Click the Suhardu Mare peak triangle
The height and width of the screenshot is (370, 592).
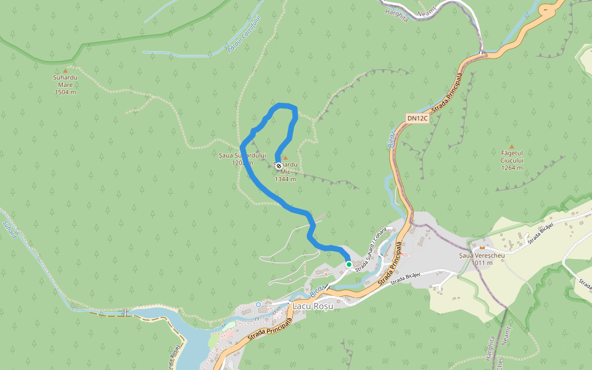[x=65, y=71]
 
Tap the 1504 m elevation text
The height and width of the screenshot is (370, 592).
[x=65, y=92]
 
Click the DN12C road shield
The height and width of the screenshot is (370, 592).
[x=417, y=118]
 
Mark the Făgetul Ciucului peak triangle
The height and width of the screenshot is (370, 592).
[x=511, y=146]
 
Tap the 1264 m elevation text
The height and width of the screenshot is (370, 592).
[x=512, y=168]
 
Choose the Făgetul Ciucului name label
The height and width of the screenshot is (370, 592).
[x=512, y=157]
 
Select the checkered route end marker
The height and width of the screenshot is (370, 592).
[x=279, y=166]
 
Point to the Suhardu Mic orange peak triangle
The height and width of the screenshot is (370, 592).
[x=285, y=158]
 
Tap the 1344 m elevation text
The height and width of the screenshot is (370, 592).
[x=286, y=179]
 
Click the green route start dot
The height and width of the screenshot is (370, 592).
[x=348, y=265]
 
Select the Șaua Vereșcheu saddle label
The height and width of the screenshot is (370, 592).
[x=482, y=255]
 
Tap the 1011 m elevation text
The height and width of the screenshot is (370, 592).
[x=482, y=263]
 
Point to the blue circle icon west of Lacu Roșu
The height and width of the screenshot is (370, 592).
[x=258, y=305]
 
